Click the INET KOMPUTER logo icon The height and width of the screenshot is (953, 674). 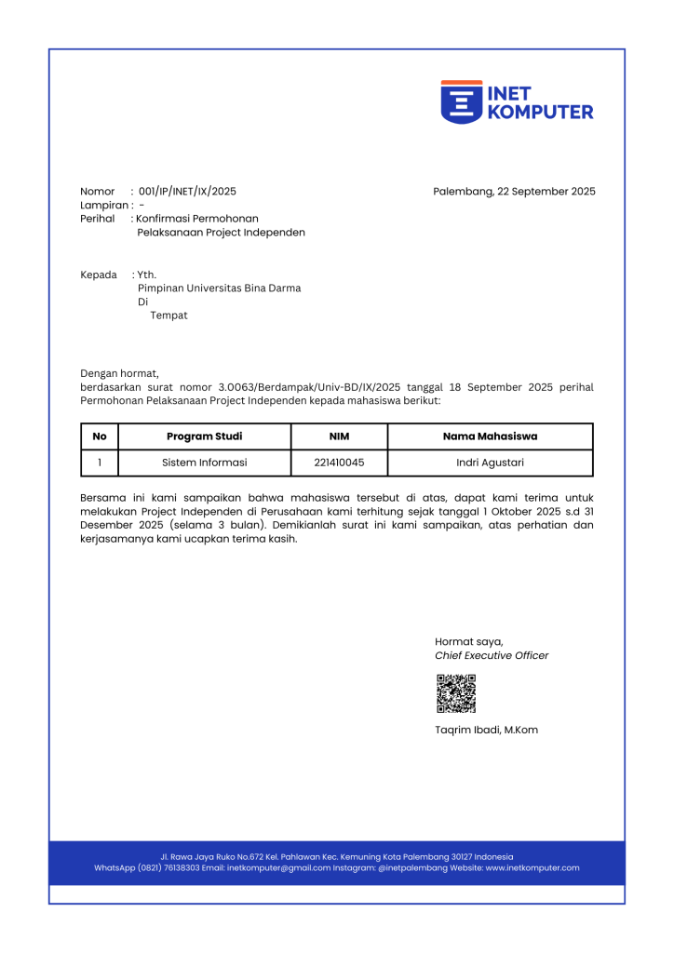[x=461, y=101]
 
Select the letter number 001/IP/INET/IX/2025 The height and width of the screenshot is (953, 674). [x=187, y=192]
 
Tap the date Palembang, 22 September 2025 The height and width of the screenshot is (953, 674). [x=514, y=192]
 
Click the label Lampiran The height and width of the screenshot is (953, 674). [x=103, y=206]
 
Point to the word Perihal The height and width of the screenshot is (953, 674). [x=98, y=219]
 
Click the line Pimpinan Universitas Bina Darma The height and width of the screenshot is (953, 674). [x=219, y=289]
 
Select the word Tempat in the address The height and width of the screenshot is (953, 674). [x=168, y=315]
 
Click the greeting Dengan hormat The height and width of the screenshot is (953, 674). [x=120, y=373]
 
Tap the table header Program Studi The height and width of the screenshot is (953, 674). [x=204, y=436]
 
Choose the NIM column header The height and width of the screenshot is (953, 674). [x=339, y=436]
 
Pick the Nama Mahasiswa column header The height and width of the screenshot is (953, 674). [x=490, y=436]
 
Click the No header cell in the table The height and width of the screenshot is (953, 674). [x=100, y=436]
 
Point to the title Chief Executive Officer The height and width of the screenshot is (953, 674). [x=492, y=655]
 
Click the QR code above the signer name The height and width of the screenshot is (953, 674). [x=456, y=693]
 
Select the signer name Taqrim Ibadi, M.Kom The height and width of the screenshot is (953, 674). [x=486, y=731]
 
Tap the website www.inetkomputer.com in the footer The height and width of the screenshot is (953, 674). [x=532, y=868]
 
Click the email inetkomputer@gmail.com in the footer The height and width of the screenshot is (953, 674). [x=278, y=868]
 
